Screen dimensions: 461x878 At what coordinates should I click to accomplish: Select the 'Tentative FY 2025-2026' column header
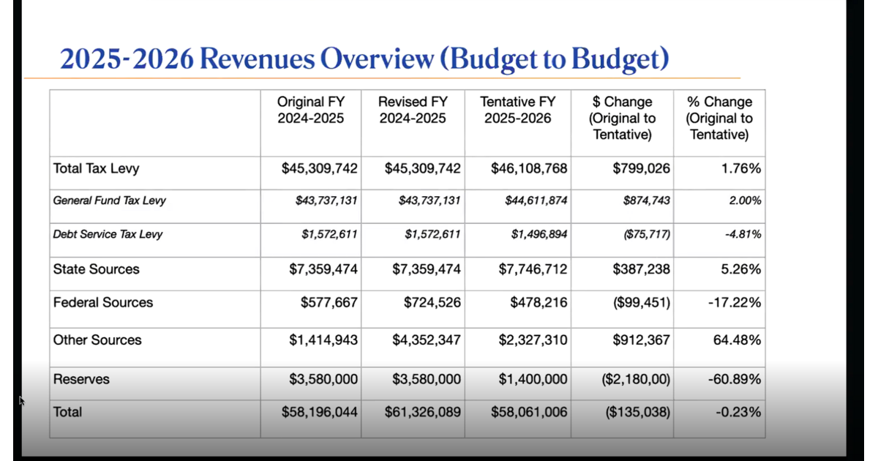tap(517, 110)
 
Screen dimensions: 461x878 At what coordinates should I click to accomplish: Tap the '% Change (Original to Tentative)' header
tap(719, 118)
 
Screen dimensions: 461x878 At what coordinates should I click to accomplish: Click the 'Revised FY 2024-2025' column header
tap(413, 110)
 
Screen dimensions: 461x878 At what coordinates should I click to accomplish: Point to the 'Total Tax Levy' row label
tap(96, 169)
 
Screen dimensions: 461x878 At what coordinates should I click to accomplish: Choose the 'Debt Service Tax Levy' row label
tap(108, 235)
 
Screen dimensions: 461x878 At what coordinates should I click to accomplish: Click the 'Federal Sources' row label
tap(103, 303)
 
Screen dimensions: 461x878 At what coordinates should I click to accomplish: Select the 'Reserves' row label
tap(81, 379)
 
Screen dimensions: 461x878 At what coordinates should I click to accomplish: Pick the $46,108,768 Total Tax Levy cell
tap(529, 169)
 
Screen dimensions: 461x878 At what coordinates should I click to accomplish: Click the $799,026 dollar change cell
tap(641, 169)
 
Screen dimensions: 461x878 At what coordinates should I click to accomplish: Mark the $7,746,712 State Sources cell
tap(533, 269)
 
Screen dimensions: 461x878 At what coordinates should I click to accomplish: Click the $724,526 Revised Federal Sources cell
tap(432, 303)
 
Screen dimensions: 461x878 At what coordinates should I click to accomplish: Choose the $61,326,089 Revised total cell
tap(423, 412)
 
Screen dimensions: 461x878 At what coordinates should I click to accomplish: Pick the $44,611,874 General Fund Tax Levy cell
tap(536, 200)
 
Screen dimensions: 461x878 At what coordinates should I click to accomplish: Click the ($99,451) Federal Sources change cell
tap(642, 303)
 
